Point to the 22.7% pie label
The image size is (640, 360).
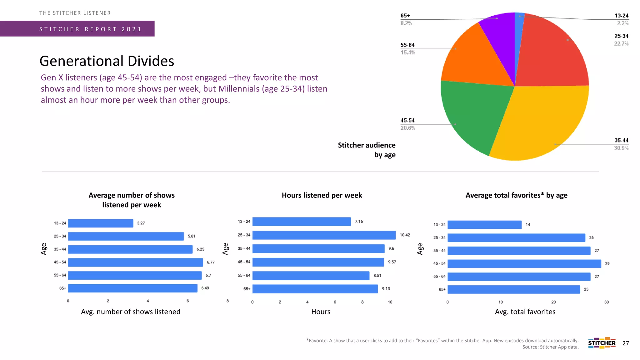[x=621, y=44]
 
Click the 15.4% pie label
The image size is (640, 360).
[x=408, y=52]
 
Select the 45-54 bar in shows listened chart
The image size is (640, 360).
[x=135, y=262]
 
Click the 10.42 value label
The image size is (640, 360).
[x=405, y=235]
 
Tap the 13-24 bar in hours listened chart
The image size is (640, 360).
[x=302, y=222]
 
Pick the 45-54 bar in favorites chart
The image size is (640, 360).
[x=524, y=263]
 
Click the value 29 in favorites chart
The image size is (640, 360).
[x=607, y=263]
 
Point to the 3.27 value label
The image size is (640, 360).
[x=141, y=223]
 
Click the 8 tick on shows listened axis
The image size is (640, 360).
[x=227, y=301]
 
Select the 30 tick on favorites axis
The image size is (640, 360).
[x=606, y=302]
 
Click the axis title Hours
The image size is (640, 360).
[x=321, y=312]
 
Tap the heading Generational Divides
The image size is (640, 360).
[x=107, y=61]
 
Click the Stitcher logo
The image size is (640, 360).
[x=602, y=343]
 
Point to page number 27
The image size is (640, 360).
[x=626, y=343]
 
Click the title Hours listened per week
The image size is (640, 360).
[x=322, y=195]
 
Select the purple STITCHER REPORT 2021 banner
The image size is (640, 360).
[x=77, y=29]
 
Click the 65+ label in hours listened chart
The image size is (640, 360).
[x=247, y=289]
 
